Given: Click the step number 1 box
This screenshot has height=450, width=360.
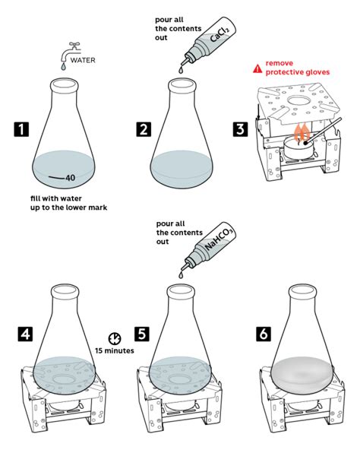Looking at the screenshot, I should click(x=20, y=129).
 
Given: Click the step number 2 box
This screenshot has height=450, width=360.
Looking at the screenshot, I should click(x=143, y=129).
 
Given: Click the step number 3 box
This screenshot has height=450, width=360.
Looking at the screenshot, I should click(x=240, y=128).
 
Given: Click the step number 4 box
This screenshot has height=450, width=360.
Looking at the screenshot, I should click(x=24, y=333).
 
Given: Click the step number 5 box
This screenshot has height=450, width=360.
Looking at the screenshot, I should click(x=143, y=333).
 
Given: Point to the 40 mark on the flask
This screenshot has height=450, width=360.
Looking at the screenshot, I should click(x=69, y=178).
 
